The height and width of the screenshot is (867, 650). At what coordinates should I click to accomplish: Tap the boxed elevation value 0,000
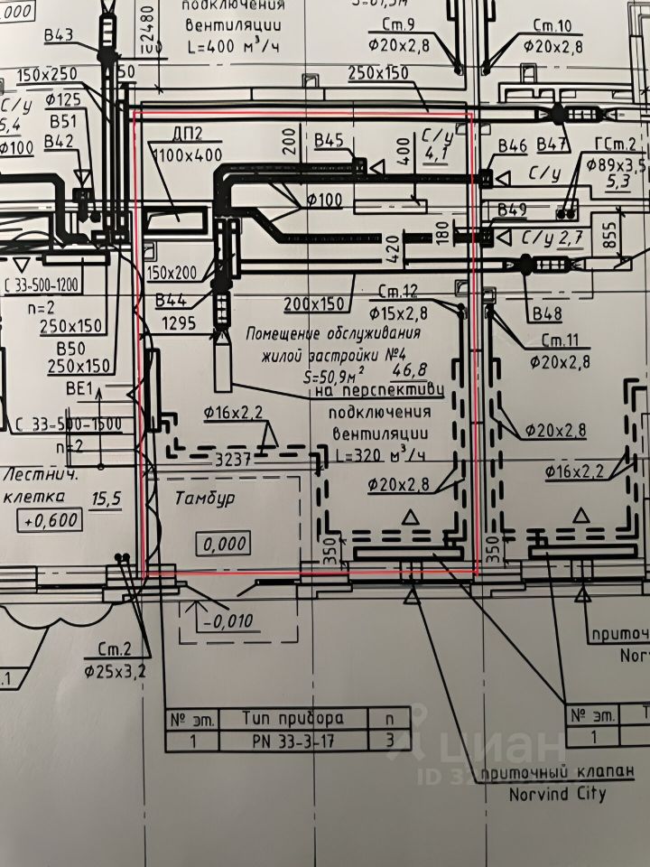click(x=222, y=544)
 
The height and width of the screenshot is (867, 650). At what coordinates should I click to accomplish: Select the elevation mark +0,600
click(x=54, y=520)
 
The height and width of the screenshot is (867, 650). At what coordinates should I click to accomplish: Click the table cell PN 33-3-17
click(x=293, y=741)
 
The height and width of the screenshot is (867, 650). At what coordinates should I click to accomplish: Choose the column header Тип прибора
click(x=293, y=719)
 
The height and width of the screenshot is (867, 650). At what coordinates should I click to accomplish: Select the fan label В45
click(x=330, y=140)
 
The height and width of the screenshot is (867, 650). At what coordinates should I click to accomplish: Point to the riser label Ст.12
click(x=398, y=292)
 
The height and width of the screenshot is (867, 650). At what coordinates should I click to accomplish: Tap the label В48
click(x=547, y=315)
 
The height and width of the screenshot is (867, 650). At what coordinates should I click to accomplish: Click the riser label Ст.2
click(x=114, y=650)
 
